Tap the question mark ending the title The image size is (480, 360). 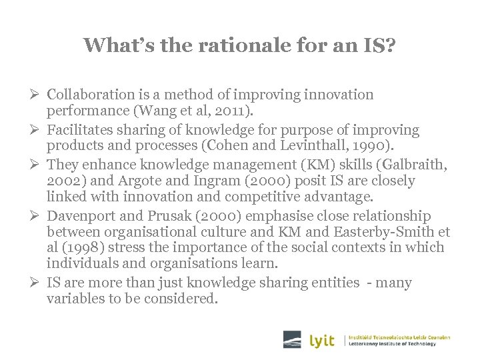point(391,45)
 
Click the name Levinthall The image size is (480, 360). point(332,145)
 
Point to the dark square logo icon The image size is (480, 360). point(292,339)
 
